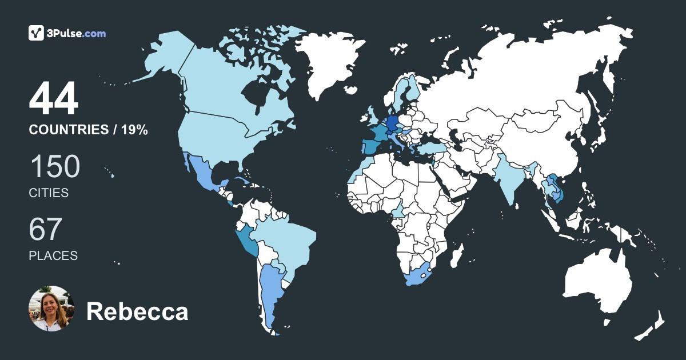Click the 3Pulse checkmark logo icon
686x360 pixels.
(x=37, y=33)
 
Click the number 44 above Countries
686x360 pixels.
(x=54, y=99)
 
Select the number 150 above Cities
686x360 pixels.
(x=54, y=167)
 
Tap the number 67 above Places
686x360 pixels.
(x=45, y=229)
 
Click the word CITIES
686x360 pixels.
(x=49, y=193)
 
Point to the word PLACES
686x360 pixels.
(x=53, y=255)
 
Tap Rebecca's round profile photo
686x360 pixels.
(x=51, y=309)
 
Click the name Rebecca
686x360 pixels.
(x=137, y=312)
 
